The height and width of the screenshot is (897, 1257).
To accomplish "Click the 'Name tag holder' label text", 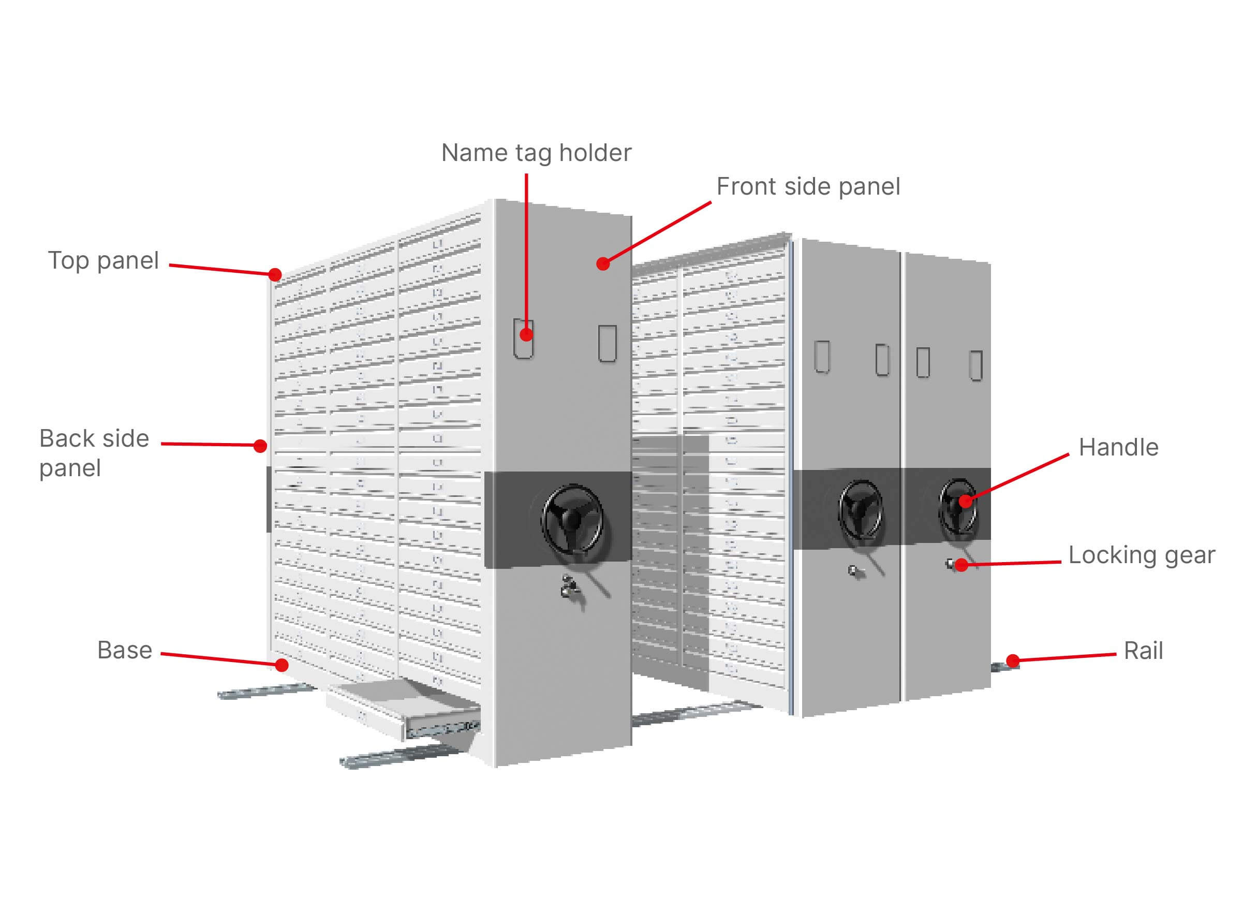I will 536,153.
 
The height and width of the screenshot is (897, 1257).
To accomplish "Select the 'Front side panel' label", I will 808,187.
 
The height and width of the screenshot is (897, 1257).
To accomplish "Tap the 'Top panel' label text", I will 103,261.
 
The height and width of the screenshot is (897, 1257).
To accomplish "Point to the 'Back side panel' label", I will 94,453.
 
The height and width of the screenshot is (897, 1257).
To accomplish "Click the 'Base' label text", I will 124,650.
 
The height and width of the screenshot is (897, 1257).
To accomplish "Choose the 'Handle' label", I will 1118,447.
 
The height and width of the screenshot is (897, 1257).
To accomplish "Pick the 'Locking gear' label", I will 1142,555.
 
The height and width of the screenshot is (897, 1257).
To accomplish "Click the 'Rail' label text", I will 1143,651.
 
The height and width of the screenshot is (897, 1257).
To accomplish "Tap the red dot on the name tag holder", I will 526,334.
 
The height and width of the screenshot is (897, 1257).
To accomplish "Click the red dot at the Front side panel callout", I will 603,263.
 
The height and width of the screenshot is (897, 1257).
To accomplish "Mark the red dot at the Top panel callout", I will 275,274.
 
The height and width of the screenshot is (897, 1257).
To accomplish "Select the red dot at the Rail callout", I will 1013,660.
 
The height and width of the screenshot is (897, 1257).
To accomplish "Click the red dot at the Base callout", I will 282,665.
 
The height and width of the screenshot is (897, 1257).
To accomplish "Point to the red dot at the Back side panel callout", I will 260,446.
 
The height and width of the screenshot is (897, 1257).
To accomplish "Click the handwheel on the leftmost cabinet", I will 572,519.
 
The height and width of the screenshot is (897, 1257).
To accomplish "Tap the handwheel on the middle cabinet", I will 860,509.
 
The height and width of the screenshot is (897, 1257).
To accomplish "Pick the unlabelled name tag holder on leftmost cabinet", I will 608,343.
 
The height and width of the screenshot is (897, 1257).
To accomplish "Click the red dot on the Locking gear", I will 962,565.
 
